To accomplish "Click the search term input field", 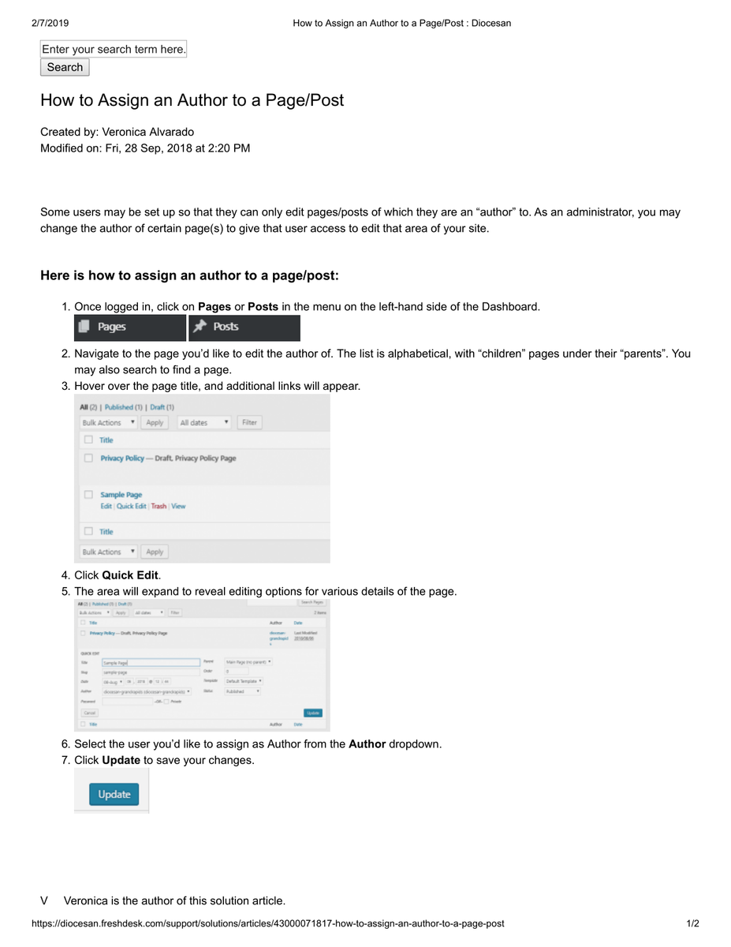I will (x=114, y=49).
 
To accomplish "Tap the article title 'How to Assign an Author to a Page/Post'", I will (x=192, y=100).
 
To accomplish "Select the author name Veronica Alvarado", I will (x=147, y=132).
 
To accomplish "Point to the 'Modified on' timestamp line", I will (x=145, y=148).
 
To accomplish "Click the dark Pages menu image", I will (x=130, y=327).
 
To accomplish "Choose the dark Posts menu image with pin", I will (x=244, y=327).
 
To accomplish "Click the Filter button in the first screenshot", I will (x=249, y=422).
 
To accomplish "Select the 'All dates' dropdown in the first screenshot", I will (x=204, y=422).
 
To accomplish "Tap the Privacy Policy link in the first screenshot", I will (x=122, y=459).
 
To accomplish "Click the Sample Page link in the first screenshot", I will (x=121, y=495).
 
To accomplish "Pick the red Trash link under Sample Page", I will (x=159, y=507).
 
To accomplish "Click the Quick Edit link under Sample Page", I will (x=131, y=507).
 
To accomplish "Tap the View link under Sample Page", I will (x=178, y=507).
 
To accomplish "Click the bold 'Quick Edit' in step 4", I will (x=130, y=575).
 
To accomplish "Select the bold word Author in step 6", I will (x=367, y=744).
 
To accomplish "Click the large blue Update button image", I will (x=114, y=794).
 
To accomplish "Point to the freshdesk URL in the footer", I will (x=267, y=923).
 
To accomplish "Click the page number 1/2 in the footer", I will (x=692, y=923).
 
